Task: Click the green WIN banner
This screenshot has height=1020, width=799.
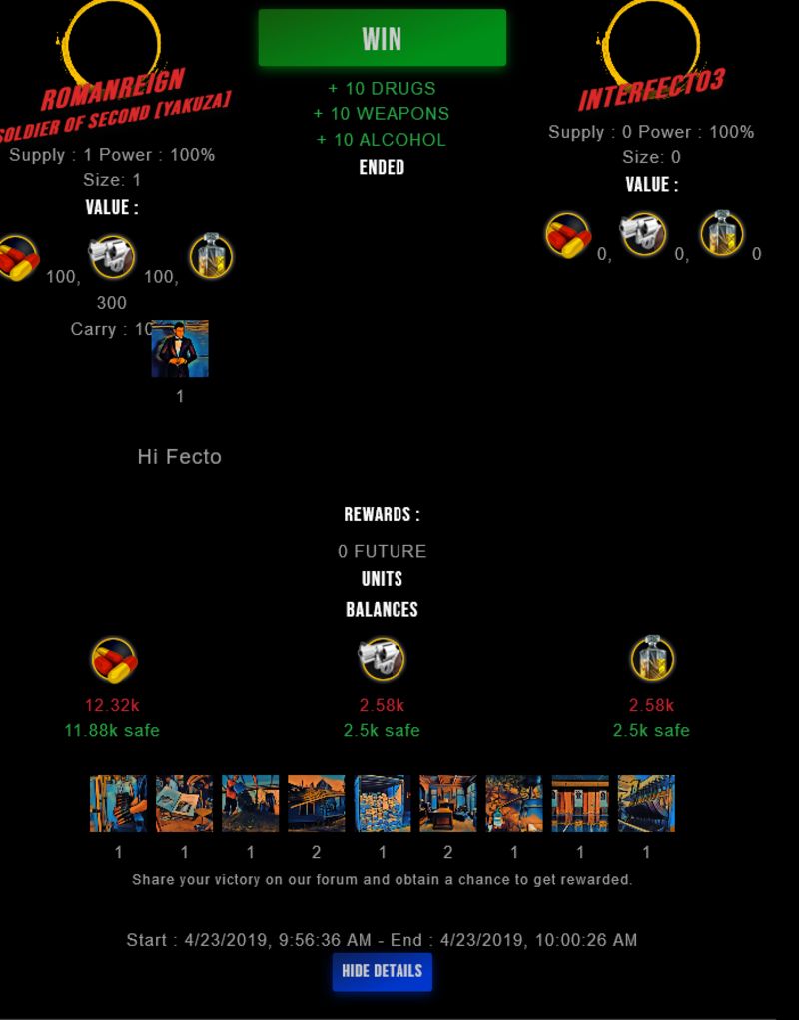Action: point(382,38)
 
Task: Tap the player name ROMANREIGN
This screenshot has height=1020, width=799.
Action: point(112,89)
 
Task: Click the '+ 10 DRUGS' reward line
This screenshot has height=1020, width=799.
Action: point(382,88)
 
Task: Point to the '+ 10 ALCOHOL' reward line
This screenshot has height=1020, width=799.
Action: point(382,140)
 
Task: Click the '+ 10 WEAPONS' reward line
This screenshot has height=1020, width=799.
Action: point(382,114)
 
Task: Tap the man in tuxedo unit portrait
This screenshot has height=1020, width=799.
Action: point(180,349)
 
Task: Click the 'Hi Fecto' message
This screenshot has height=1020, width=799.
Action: point(180,457)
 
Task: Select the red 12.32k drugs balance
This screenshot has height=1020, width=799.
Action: point(112,705)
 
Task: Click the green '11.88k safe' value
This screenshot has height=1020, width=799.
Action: point(112,730)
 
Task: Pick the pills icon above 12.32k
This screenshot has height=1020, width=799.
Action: point(113,660)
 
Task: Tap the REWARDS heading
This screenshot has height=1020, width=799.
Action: point(382,514)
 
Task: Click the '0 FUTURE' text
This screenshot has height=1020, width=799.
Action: point(382,551)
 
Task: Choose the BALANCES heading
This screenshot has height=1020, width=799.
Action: point(382,609)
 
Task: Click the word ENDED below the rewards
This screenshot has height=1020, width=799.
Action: point(382,167)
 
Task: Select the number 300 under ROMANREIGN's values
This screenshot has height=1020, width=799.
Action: point(112,302)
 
